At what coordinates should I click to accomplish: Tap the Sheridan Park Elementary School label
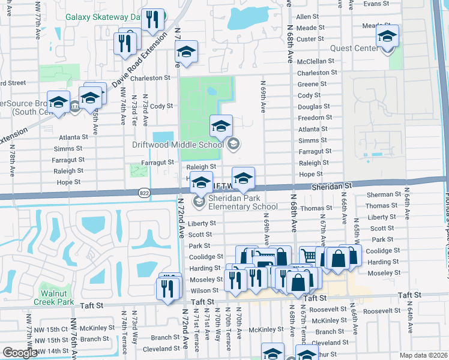pyautogui.click(x=235, y=202)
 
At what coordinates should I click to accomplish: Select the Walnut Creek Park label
pyautogui.click(x=57, y=298)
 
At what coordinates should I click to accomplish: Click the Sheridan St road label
pyautogui.click(x=330, y=187)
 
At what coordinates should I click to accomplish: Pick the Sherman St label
pyautogui.click(x=384, y=194)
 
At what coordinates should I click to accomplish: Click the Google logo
pyautogui.click(x=20, y=353)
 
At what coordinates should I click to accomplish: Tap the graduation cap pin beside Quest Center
pyautogui.click(x=387, y=37)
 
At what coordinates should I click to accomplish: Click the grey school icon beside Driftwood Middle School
pyautogui.click(x=234, y=143)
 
